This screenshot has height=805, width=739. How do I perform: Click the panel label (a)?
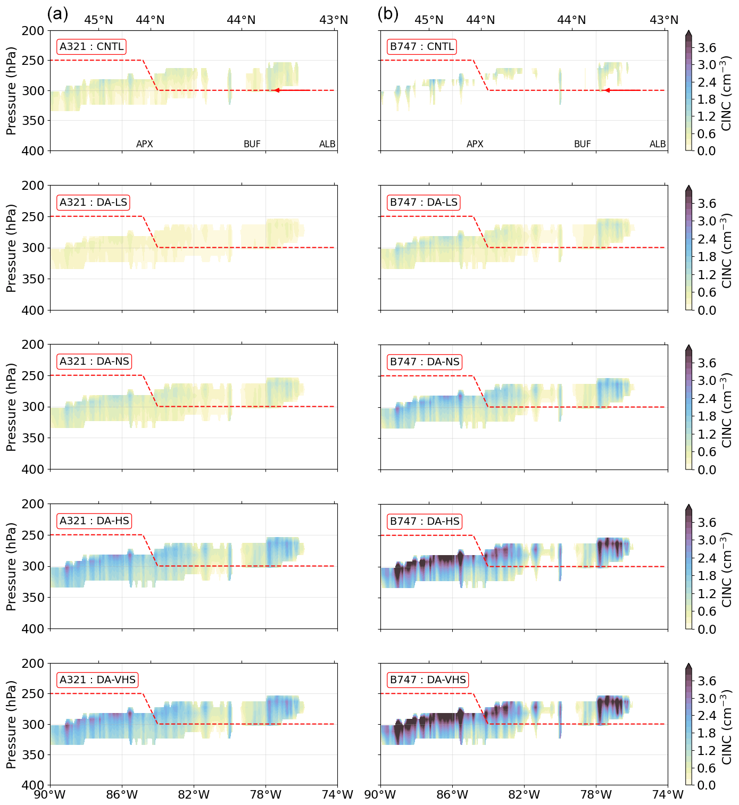point(57,14)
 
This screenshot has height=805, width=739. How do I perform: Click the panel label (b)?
point(388,14)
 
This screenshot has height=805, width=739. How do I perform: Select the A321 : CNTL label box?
point(92,47)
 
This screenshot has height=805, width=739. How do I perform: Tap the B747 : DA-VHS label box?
point(428,680)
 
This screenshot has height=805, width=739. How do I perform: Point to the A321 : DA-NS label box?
point(94,362)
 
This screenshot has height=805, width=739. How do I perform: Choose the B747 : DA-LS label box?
point(424,203)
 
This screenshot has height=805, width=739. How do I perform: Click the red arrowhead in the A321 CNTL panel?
point(277,90)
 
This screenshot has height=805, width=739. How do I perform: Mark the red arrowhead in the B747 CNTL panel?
point(607,90)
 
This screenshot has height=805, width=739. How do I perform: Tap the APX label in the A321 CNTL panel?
point(145,144)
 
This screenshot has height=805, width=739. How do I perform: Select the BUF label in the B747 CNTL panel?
point(582,144)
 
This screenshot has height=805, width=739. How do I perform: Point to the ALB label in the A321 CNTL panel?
point(327,144)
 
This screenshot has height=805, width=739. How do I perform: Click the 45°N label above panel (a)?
point(99,20)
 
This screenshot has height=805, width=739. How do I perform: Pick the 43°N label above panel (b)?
point(664,20)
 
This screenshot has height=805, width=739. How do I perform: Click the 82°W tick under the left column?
point(194,795)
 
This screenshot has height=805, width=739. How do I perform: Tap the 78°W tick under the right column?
point(596,795)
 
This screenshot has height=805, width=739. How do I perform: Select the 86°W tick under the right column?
point(452,795)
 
